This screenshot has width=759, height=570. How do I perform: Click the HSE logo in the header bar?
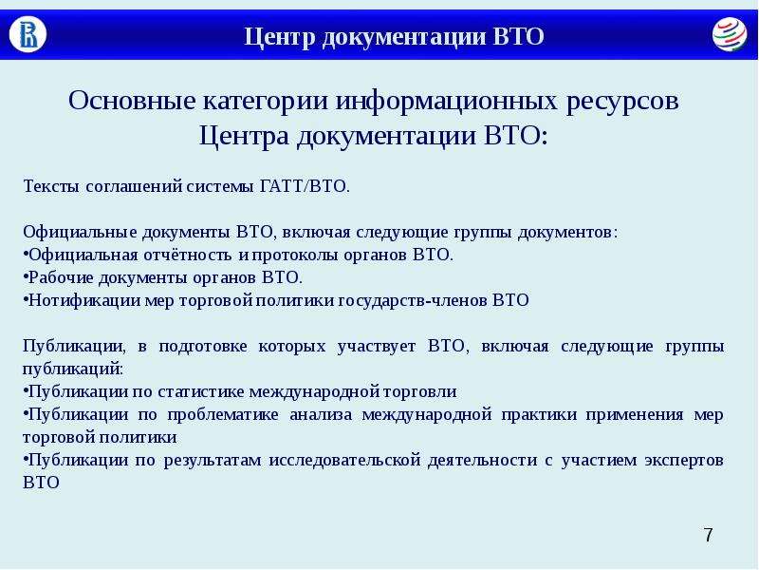coord(28,34)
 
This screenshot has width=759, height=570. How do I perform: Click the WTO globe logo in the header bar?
coord(730,34)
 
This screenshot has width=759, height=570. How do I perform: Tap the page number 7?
coord(708,535)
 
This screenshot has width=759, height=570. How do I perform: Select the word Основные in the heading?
coord(132,101)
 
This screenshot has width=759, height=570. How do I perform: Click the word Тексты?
coord(51,186)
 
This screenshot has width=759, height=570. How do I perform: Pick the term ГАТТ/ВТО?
coord(305,186)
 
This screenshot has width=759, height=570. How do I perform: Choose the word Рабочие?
coord(61,277)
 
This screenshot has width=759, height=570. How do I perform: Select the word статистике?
coord(201,392)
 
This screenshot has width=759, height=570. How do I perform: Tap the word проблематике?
coord(223,415)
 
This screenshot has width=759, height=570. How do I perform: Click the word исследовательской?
coord(344,461)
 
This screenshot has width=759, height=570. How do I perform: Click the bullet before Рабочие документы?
coord(26,277)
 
